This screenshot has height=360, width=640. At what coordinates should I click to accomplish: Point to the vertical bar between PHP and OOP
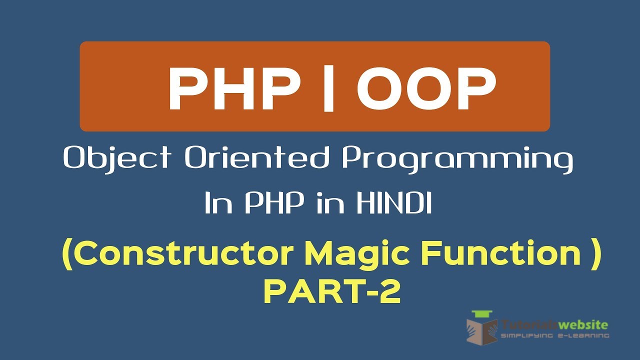[328, 90]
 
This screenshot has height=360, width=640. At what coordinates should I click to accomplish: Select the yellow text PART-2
[332, 292]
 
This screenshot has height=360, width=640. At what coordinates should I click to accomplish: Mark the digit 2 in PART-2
[390, 292]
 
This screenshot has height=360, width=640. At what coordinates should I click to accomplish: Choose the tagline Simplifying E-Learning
[555, 336]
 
